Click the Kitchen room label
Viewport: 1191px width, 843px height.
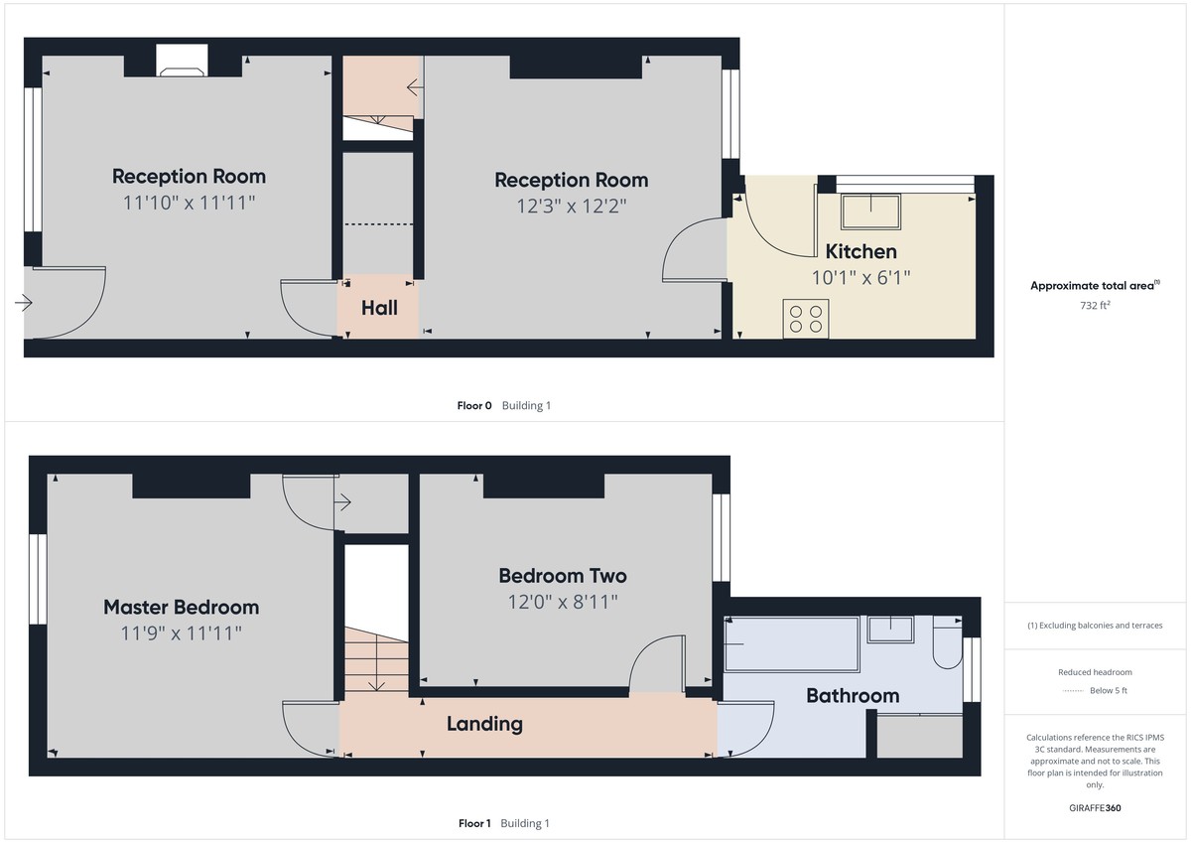pos(860,251)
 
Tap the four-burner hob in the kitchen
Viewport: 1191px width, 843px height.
pos(805,318)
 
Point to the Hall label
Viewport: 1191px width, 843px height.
pos(379,308)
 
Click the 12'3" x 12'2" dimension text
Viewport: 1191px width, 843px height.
pos(571,206)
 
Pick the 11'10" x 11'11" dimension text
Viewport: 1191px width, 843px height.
pos(189,203)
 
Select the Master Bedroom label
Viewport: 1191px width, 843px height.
pos(182,607)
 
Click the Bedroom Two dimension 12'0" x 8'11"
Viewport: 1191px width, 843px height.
pos(562,601)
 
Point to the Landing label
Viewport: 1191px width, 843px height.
pos(484,724)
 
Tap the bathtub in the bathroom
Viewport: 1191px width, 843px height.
pos(792,643)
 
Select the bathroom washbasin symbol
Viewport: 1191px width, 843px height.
pos(890,630)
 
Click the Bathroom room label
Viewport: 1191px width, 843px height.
pos(853,695)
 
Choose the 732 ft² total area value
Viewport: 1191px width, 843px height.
pos(1096,305)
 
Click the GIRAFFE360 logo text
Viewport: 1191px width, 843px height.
pos(1096,807)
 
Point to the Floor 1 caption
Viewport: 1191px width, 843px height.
pos(474,823)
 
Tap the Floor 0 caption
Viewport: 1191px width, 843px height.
pos(474,405)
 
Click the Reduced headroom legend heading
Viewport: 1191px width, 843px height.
pos(1095,672)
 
